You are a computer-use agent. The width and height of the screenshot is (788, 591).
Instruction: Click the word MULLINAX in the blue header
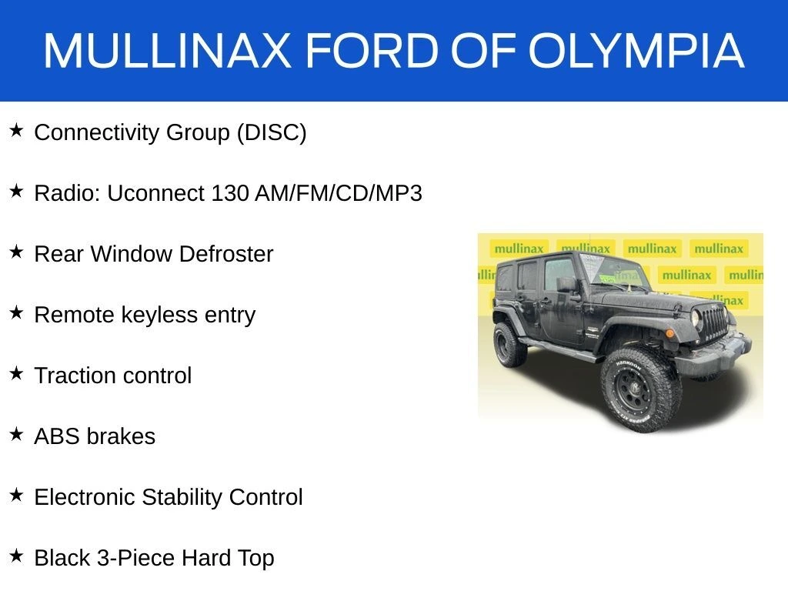pos(167,50)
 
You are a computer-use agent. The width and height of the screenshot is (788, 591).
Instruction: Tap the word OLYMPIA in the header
pos(636,50)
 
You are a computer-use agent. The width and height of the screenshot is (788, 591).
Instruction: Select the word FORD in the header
pos(372,50)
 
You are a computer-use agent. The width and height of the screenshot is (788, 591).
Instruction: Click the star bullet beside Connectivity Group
pos(17,130)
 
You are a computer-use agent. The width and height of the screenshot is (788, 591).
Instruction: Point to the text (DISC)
pos(272,132)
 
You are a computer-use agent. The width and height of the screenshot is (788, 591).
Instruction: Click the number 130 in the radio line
pos(229,193)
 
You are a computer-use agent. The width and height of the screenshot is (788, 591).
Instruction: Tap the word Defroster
pos(225,254)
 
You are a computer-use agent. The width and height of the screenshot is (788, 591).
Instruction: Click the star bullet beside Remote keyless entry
pos(17,312)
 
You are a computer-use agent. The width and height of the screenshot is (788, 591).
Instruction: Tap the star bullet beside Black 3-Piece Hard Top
pos(17,556)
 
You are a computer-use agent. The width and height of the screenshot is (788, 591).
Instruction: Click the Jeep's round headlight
pos(696,318)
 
